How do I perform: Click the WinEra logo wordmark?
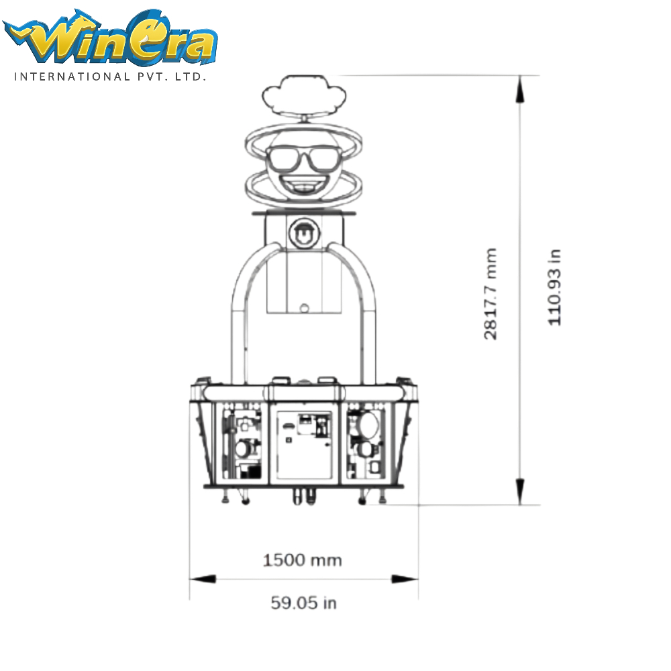(111, 38)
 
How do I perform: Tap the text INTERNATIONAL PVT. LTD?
(111, 76)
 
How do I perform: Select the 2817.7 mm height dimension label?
(491, 294)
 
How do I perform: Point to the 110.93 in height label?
(554, 287)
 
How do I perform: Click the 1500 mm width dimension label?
(302, 560)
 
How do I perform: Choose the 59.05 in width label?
(303, 603)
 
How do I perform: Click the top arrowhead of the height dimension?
(520, 89)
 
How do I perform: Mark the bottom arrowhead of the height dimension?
(520, 491)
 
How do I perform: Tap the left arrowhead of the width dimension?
(203, 579)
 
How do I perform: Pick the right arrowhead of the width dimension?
(405, 579)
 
